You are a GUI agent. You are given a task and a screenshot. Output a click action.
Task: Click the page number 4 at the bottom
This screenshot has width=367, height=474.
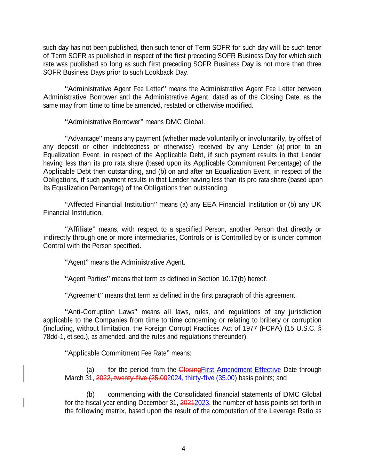[183, 449]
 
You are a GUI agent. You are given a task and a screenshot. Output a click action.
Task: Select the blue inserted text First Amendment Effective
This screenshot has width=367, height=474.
[241, 369]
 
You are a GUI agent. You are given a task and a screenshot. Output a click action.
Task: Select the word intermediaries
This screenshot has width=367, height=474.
[158, 238]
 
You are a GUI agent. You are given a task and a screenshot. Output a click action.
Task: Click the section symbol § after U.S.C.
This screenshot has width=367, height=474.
[320, 329]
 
